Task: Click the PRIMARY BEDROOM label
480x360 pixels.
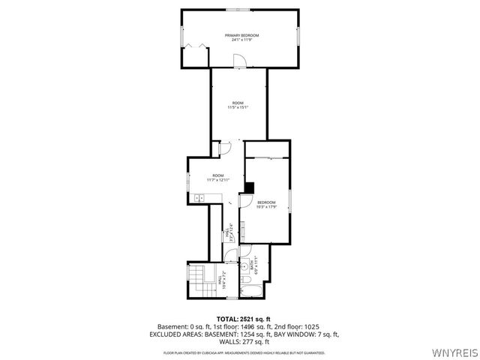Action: [242, 35]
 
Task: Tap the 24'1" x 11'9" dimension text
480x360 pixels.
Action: [242, 40]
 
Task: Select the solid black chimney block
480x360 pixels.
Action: [250, 187]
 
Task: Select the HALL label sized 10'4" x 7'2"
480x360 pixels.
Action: [220, 281]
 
